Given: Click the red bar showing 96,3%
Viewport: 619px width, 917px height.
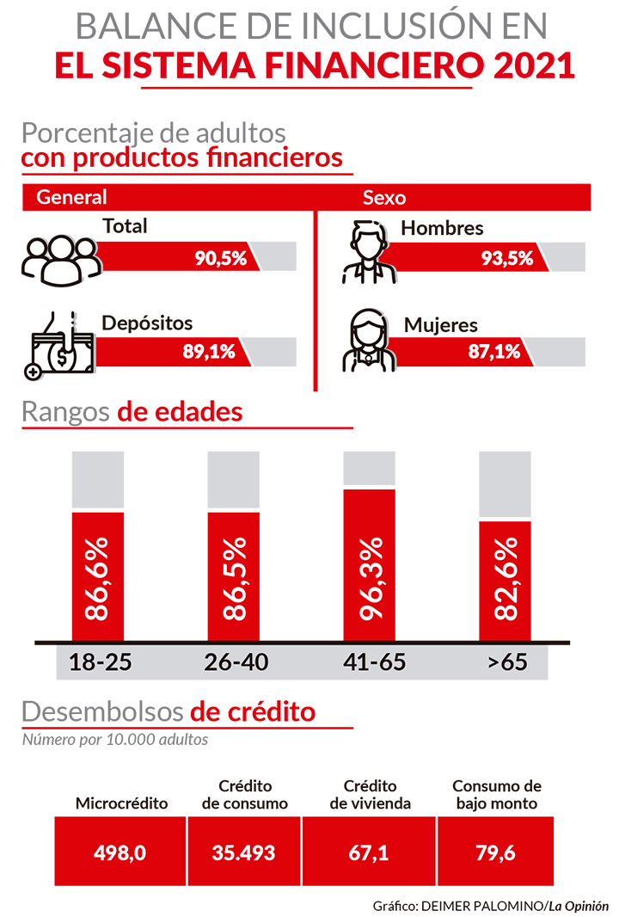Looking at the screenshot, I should (x=370, y=565).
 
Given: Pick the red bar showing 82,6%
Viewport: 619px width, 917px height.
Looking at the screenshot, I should (x=505, y=581).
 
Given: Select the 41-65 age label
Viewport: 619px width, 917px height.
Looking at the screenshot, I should (x=371, y=663).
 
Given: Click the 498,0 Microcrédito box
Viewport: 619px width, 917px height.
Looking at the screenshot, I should (x=120, y=852).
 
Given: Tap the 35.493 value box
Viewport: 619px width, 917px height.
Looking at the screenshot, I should (x=244, y=852).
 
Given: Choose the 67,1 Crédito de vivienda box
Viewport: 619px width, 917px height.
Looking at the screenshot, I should (x=370, y=852).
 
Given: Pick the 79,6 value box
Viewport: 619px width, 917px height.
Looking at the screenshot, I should (x=495, y=852).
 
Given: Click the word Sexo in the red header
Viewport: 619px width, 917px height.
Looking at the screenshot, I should (x=383, y=197).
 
